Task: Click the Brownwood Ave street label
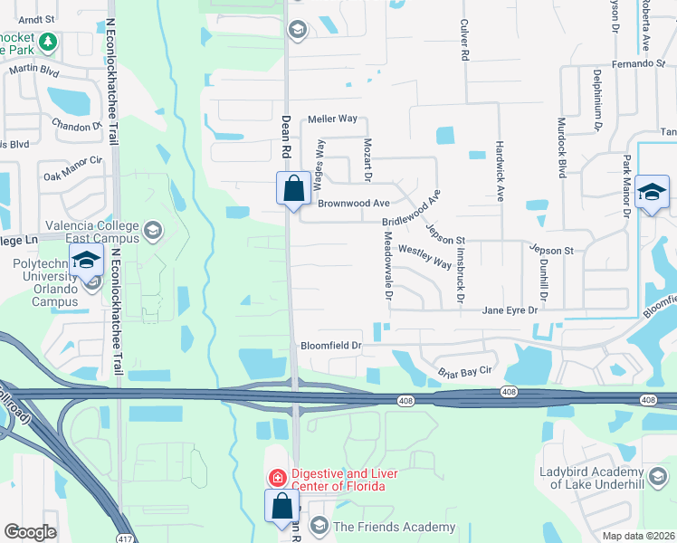click(x=353, y=204)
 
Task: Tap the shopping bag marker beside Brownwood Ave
click(x=293, y=190)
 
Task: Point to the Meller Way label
click(x=332, y=119)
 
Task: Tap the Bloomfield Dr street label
click(x=331, y=346)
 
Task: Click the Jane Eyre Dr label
click(x=510, y=310)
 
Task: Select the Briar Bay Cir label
click(x=465, y=370)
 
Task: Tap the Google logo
click(x=30, y=532)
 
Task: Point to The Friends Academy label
click(x=394, y=528)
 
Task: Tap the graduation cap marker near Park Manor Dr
click(x=652, y=193)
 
